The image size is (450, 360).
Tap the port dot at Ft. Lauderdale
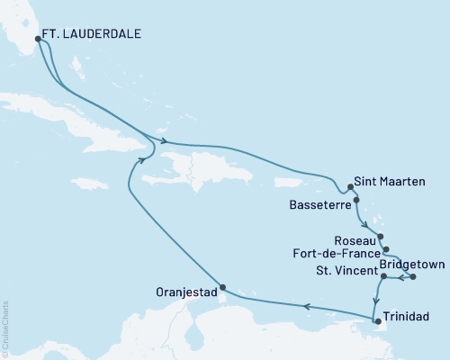[x=37, y=39]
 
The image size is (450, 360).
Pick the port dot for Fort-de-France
[x=385, y=249]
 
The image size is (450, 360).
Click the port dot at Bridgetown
[x=413, y=276]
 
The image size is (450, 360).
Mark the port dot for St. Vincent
[x=384, y=276]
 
